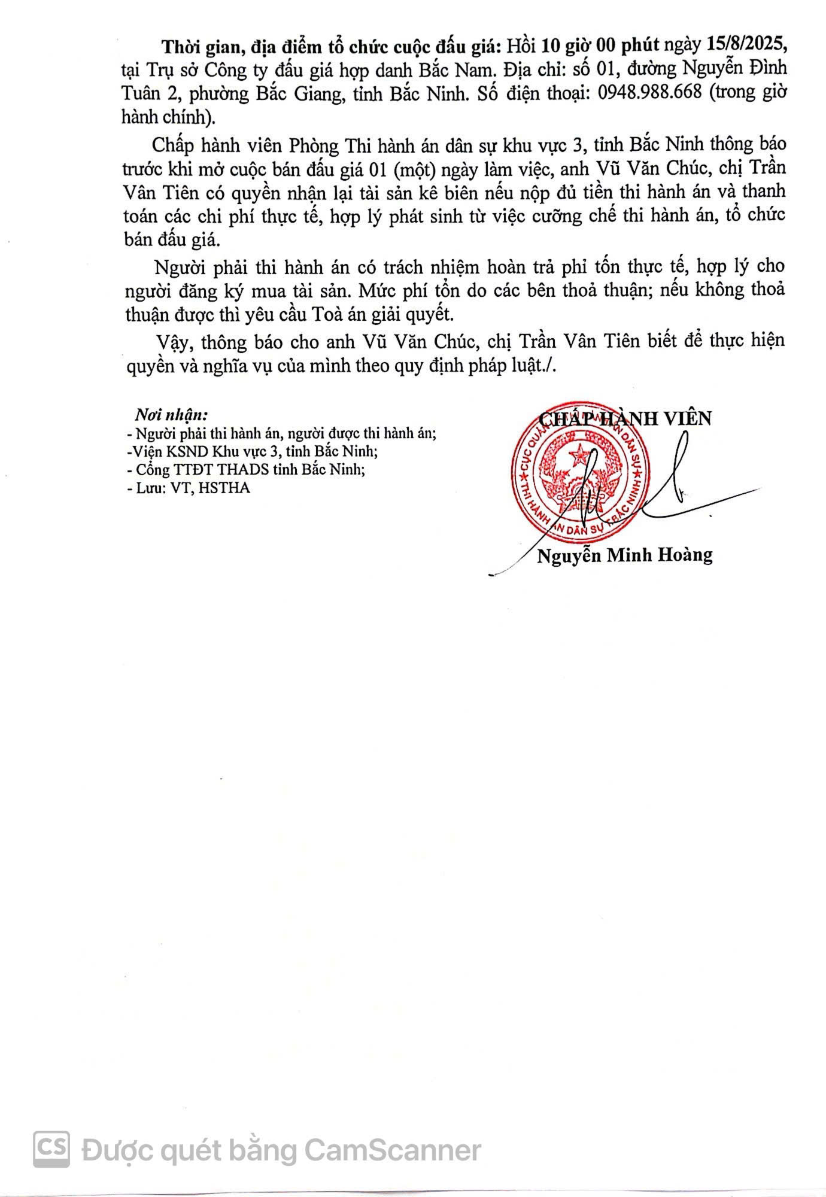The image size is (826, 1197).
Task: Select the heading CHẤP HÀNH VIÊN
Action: (625, 418)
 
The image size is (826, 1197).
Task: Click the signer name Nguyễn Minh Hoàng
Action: (625, 555)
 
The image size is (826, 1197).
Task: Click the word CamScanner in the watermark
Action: (393, 1150)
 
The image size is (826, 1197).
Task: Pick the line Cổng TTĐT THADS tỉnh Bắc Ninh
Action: (247, 469)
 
